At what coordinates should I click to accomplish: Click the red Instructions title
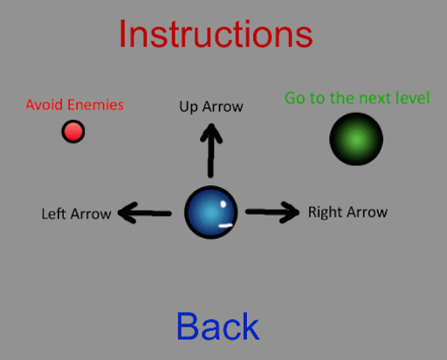click(216, 34)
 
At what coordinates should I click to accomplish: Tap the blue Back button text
click(217, 326)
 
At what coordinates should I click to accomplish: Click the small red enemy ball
click(73, 131)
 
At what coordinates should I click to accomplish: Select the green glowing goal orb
click(356, 139)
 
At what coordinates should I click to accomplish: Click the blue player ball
click(211, 212)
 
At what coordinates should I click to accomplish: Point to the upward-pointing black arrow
click(211, 150)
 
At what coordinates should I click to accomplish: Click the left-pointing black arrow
click(145, 213)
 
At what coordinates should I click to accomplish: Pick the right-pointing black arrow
click(272, 212)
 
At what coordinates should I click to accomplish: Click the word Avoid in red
click(45, 105)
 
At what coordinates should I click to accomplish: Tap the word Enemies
click(95, 105)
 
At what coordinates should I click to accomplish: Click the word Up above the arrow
click(189, 107)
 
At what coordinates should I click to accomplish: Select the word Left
click(54, 213)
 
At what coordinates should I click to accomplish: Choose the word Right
click(325, 212)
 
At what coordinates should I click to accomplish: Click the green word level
click(413, 98)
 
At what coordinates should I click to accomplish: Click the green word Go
click(295, 98)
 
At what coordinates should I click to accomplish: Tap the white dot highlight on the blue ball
click(223, 204)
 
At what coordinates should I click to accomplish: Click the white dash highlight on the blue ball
click(226, 225)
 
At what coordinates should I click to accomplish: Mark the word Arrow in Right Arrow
click(368, 212)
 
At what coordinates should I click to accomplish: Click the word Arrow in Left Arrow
click(91, 214)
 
